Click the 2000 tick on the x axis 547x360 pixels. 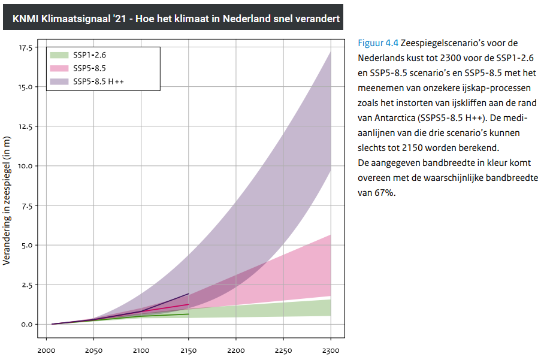[46, 350]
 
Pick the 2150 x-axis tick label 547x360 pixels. [188, 350]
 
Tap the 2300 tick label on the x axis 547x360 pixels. [331, 350]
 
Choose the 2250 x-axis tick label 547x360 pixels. [283, 350]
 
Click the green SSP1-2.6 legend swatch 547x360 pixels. [59, 55]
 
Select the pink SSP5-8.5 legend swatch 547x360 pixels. [59, 68]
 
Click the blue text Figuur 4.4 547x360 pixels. [378, 43]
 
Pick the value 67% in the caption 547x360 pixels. [383, 193]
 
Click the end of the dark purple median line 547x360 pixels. [189, 294]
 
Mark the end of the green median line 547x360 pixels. [189, 314]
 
